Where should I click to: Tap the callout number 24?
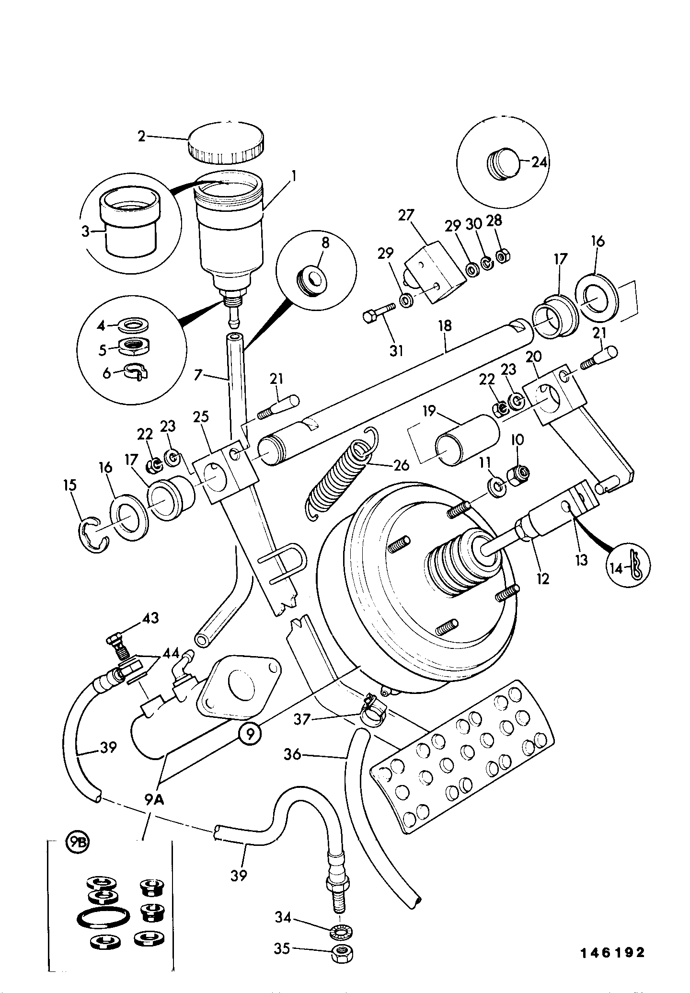click(x=539, y=162)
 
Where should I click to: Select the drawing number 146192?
click(x=613, y=953)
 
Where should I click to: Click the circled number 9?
click(x=251, y=746)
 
